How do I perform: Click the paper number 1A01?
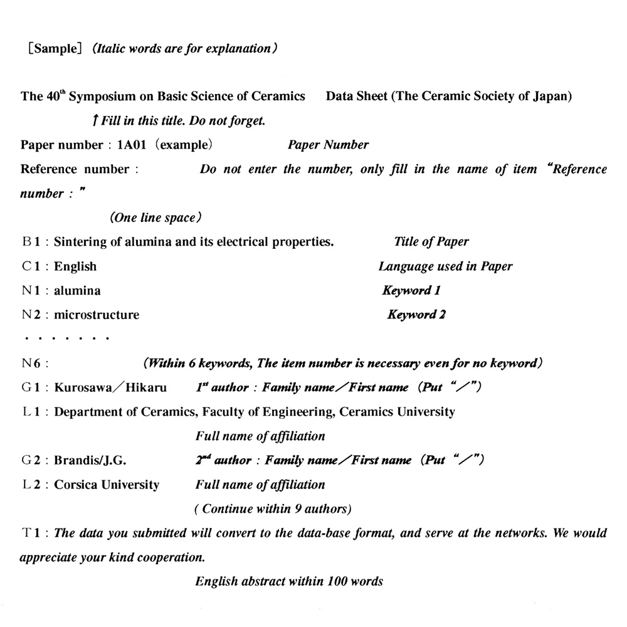[131, 145]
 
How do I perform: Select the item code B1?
[31, 242]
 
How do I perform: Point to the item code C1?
[31, 266]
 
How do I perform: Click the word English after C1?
[75, 266]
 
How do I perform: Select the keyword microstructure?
[97, 315]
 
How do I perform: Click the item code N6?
[31, 363]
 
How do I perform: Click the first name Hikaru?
[146, 387]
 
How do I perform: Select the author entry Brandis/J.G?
[90, 461]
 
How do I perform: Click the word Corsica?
[78, 485]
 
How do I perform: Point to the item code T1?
[31, 534]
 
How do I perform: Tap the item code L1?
[31, 412]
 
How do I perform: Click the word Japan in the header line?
[552, 96]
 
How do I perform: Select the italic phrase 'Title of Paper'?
[431, 242]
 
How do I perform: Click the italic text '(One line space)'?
[155, 218]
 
